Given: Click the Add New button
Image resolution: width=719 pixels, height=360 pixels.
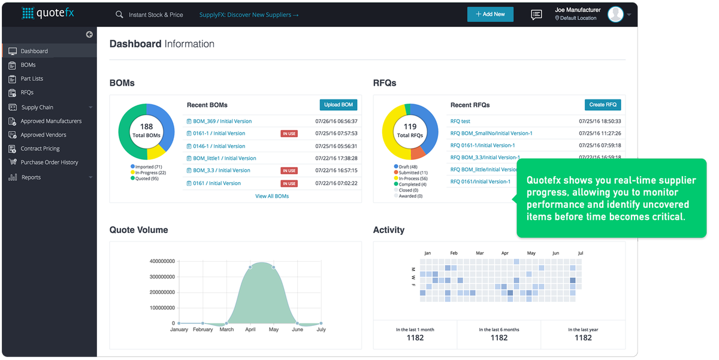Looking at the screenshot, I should pyautogui.click(x=490, y=14).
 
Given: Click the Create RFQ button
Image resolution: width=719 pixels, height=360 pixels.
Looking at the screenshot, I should pyautogui.click(x=602, y=105).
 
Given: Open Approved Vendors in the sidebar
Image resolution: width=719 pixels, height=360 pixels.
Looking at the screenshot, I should pyautogui.click(x=43, y=135).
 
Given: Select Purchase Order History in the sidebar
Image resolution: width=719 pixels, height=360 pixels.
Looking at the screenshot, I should pyautogui.click(x=49, y=162).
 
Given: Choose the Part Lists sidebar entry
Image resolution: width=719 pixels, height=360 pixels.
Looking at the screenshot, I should pyautogui.click(x=32, y=78).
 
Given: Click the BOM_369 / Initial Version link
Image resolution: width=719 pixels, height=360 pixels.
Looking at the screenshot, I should pyautogui.click(x=222, y=121).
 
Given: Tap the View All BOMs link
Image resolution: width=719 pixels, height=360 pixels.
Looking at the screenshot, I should pyautogui.click(x=272, y=196).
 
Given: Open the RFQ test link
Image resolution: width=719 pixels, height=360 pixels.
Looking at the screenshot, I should pyautogui.click(x=460, y=121).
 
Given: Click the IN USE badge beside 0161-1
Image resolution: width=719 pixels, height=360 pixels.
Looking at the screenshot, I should pyautogui.click(x=289, y=134).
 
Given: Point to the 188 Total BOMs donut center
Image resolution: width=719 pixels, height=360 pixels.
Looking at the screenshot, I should pyautogui.click(x=146, y=131).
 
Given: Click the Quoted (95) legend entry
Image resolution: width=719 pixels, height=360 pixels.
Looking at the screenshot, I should pyautogui.click(x=147, y=178).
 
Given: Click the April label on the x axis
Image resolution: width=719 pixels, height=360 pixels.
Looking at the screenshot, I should pyautogui.click(x=250, y=329).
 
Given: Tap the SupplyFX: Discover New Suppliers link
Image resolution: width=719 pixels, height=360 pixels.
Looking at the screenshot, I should pyautogui.click(x=249, y=15).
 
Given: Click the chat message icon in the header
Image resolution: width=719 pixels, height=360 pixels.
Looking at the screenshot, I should pyautogui.click(x=536, y=15).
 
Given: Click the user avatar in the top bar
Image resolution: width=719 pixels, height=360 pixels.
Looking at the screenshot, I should pyautogui.click(x=615, y=14).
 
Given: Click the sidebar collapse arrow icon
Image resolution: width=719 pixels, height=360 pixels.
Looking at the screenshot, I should pyautogui.click(x=89, y=34).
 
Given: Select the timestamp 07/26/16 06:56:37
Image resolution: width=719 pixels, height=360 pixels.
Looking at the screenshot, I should pyautogui.click(x=336, y=121).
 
